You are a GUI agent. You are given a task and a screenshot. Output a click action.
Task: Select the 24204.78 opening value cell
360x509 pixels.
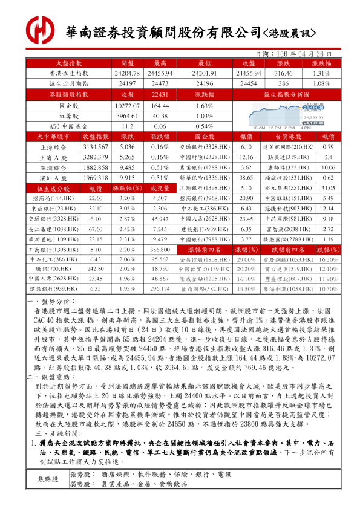coord(127,73)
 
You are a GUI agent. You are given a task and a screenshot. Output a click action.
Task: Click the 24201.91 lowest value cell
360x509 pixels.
coord(201,73)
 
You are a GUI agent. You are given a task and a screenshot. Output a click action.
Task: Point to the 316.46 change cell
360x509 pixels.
coord(283,73)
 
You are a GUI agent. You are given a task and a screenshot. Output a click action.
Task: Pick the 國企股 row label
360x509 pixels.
coord(68,105)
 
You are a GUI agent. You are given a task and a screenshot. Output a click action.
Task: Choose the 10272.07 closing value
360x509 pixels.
coord(127,105)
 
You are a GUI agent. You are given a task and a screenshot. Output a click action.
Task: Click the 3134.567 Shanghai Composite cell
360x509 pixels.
coord(96,147)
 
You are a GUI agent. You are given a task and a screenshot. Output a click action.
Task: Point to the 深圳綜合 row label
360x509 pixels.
coord(54,167)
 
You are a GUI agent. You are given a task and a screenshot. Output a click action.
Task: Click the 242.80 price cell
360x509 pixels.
coord(96,268)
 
